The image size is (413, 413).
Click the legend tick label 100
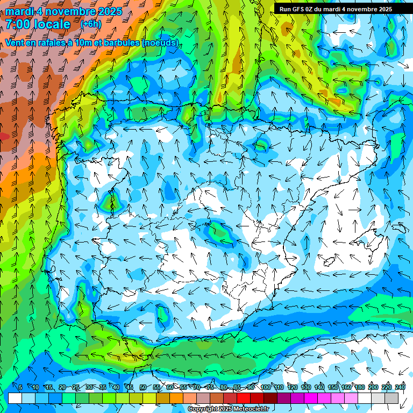coord(266,388)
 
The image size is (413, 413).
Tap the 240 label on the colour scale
coord(400,388)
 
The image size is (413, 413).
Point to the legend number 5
coord(20,388)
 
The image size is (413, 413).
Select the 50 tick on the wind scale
coord(143,388)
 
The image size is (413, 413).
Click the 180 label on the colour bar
coord(360,388)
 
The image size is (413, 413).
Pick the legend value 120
coord(293,388)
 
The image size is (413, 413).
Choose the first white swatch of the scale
coord(15,398)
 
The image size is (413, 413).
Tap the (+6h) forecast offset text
coord(90,24)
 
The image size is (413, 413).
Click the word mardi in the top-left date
coord(19,11)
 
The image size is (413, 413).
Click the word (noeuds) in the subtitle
coord(160,42)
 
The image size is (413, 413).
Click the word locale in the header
coord(52,24)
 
